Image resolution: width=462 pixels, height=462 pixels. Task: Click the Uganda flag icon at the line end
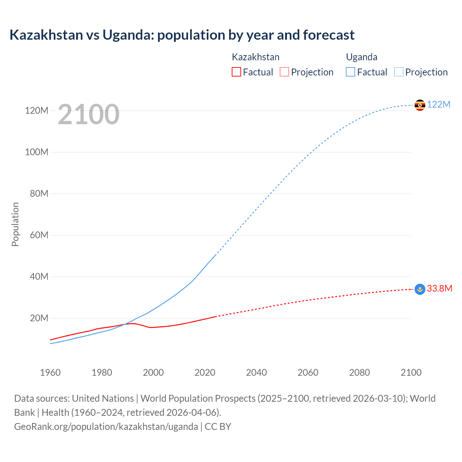click(x=420, y=105)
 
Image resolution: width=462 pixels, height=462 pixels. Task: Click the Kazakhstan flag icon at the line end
click(x=420, y=289)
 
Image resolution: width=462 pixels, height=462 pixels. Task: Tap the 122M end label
click(x=439, y=105)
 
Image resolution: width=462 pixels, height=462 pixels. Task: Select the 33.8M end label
click(x=439, y=289)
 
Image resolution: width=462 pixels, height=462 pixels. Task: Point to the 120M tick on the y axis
click(x=36, y=110)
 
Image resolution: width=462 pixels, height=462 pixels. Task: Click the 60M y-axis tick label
click(x=36, y=235)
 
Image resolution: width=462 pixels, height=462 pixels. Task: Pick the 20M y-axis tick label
click(x=39, y=318)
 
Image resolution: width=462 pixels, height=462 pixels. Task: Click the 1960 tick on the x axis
click(x=50, y=372)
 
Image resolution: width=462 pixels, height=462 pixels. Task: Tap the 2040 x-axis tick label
click(x=256, y=372)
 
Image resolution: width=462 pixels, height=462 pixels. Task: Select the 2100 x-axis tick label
click(x=411, y=372)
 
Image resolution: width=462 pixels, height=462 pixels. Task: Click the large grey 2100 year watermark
click(x=88, y=114)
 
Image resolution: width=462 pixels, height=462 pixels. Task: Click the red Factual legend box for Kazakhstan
click(x=236, y=72)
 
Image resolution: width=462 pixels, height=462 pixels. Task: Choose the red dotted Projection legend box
click(x=284, y=72)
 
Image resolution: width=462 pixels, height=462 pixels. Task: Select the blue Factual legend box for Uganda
click(x=350, y=72)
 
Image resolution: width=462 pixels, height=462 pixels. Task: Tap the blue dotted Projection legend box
click(x=399, y=72)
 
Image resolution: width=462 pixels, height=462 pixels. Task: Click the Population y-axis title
click(x=15, y=224)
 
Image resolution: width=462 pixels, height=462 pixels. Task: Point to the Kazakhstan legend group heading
click(x=256, y=57)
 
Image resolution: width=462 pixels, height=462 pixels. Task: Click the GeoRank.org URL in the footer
click(x=106, y=427)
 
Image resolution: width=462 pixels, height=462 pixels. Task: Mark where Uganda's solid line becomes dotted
click(x=216, y=255)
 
